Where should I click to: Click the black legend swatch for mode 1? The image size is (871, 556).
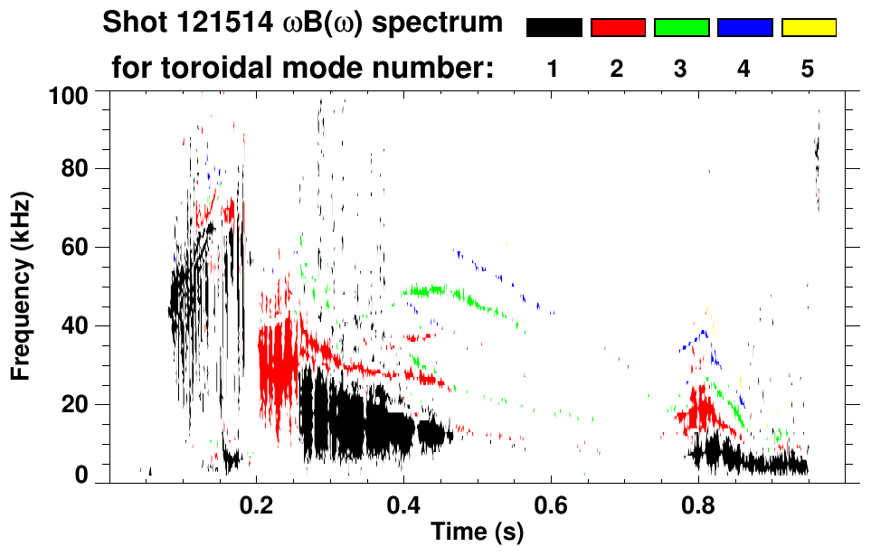pyautogui.click(x=554, y=28)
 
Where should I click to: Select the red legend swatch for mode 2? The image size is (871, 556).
pyautogui.click(x=618, y=28)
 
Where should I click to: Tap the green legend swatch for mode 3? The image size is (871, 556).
pyautogui.click(x=681, y=28)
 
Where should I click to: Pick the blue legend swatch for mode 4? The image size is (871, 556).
pyautogui.click(x=744, y=28)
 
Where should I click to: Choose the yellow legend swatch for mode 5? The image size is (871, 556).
pyautogui.click(x=808, y=28)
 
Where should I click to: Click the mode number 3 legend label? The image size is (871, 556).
pyautogui.click(x=681, y=70)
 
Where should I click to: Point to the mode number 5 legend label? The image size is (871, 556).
pyautogui.click(x=808, y=70)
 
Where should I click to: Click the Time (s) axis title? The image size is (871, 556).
pyautogui.click(x=477, y=533)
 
